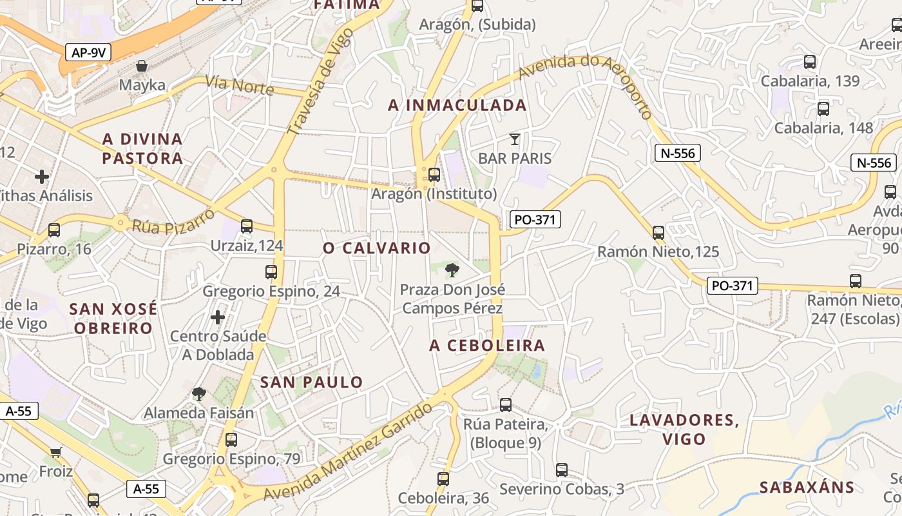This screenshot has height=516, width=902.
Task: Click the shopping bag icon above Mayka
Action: coord(142,66)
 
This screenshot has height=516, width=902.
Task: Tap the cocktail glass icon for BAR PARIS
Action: coord(514,139)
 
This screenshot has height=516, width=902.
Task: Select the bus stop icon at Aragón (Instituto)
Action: coord(434,174)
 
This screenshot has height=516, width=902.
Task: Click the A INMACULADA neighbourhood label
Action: coord(457,106)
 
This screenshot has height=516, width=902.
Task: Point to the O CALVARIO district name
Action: coord(377,248)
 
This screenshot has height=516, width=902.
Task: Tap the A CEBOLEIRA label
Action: coord(487,346)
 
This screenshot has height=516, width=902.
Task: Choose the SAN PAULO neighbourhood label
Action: coord(312,382)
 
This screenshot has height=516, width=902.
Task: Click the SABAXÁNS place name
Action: coord(807,488)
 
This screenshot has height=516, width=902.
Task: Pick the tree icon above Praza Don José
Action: coord(452,270)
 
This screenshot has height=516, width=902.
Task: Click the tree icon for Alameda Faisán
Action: coord(199,393)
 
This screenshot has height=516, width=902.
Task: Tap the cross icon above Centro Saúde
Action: coord(218,317)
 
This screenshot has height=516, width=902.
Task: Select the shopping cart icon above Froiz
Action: coord(56,451)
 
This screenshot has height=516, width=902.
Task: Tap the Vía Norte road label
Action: coord(239,84)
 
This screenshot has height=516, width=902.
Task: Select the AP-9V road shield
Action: coord(88,53)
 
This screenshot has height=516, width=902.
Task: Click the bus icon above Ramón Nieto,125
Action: coord(658,232)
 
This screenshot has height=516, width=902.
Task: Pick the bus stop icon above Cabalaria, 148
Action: coord(823,108)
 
